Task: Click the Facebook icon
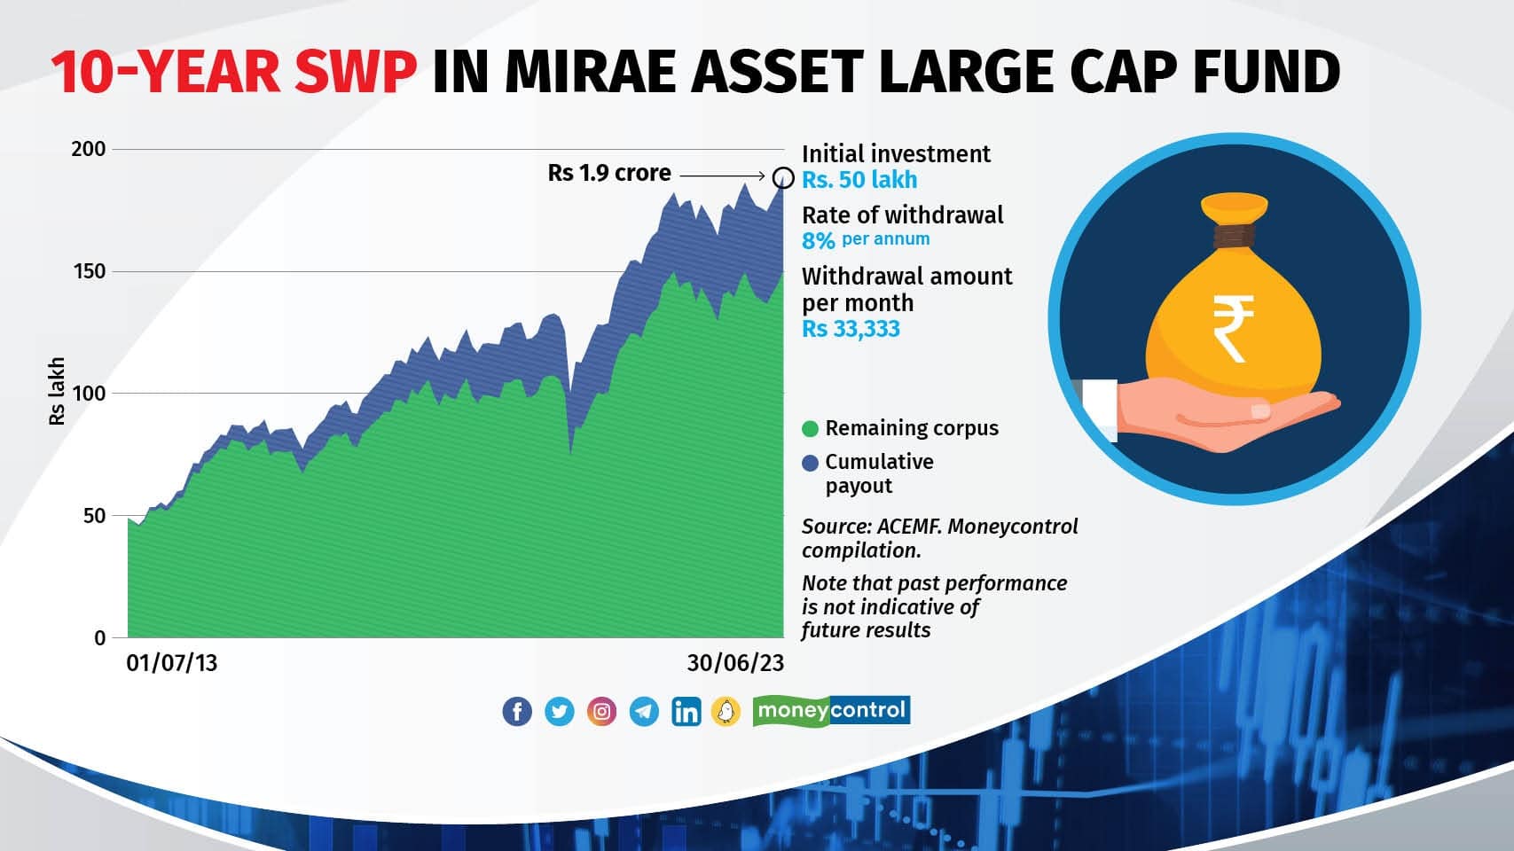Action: tap(517, 711)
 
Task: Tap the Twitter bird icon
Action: tap(559, 711)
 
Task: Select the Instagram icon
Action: tap(601, 711)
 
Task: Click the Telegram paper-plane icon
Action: tap(644, 711)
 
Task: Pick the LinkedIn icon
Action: tap(686, 711)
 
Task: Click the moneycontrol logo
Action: tap(831, 710)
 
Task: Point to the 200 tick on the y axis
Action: tap(88, 149)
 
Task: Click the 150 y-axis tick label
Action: tap(88, 271)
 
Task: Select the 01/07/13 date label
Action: tap(172, 663)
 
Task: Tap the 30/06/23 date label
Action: tap(735, 663)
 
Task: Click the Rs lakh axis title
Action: tap(57, 391)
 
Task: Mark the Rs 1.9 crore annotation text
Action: tap(609, 173)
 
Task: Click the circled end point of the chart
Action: tap(783, 177)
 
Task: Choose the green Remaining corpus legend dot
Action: tap(810, 429)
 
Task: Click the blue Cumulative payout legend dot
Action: tap(810, 463)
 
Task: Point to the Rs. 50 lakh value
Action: tap(859, 180)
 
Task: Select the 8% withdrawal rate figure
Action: tap(818, 240)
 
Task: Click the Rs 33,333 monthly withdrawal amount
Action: tap(851, 329)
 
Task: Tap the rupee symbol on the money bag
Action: tap(1233, 329)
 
